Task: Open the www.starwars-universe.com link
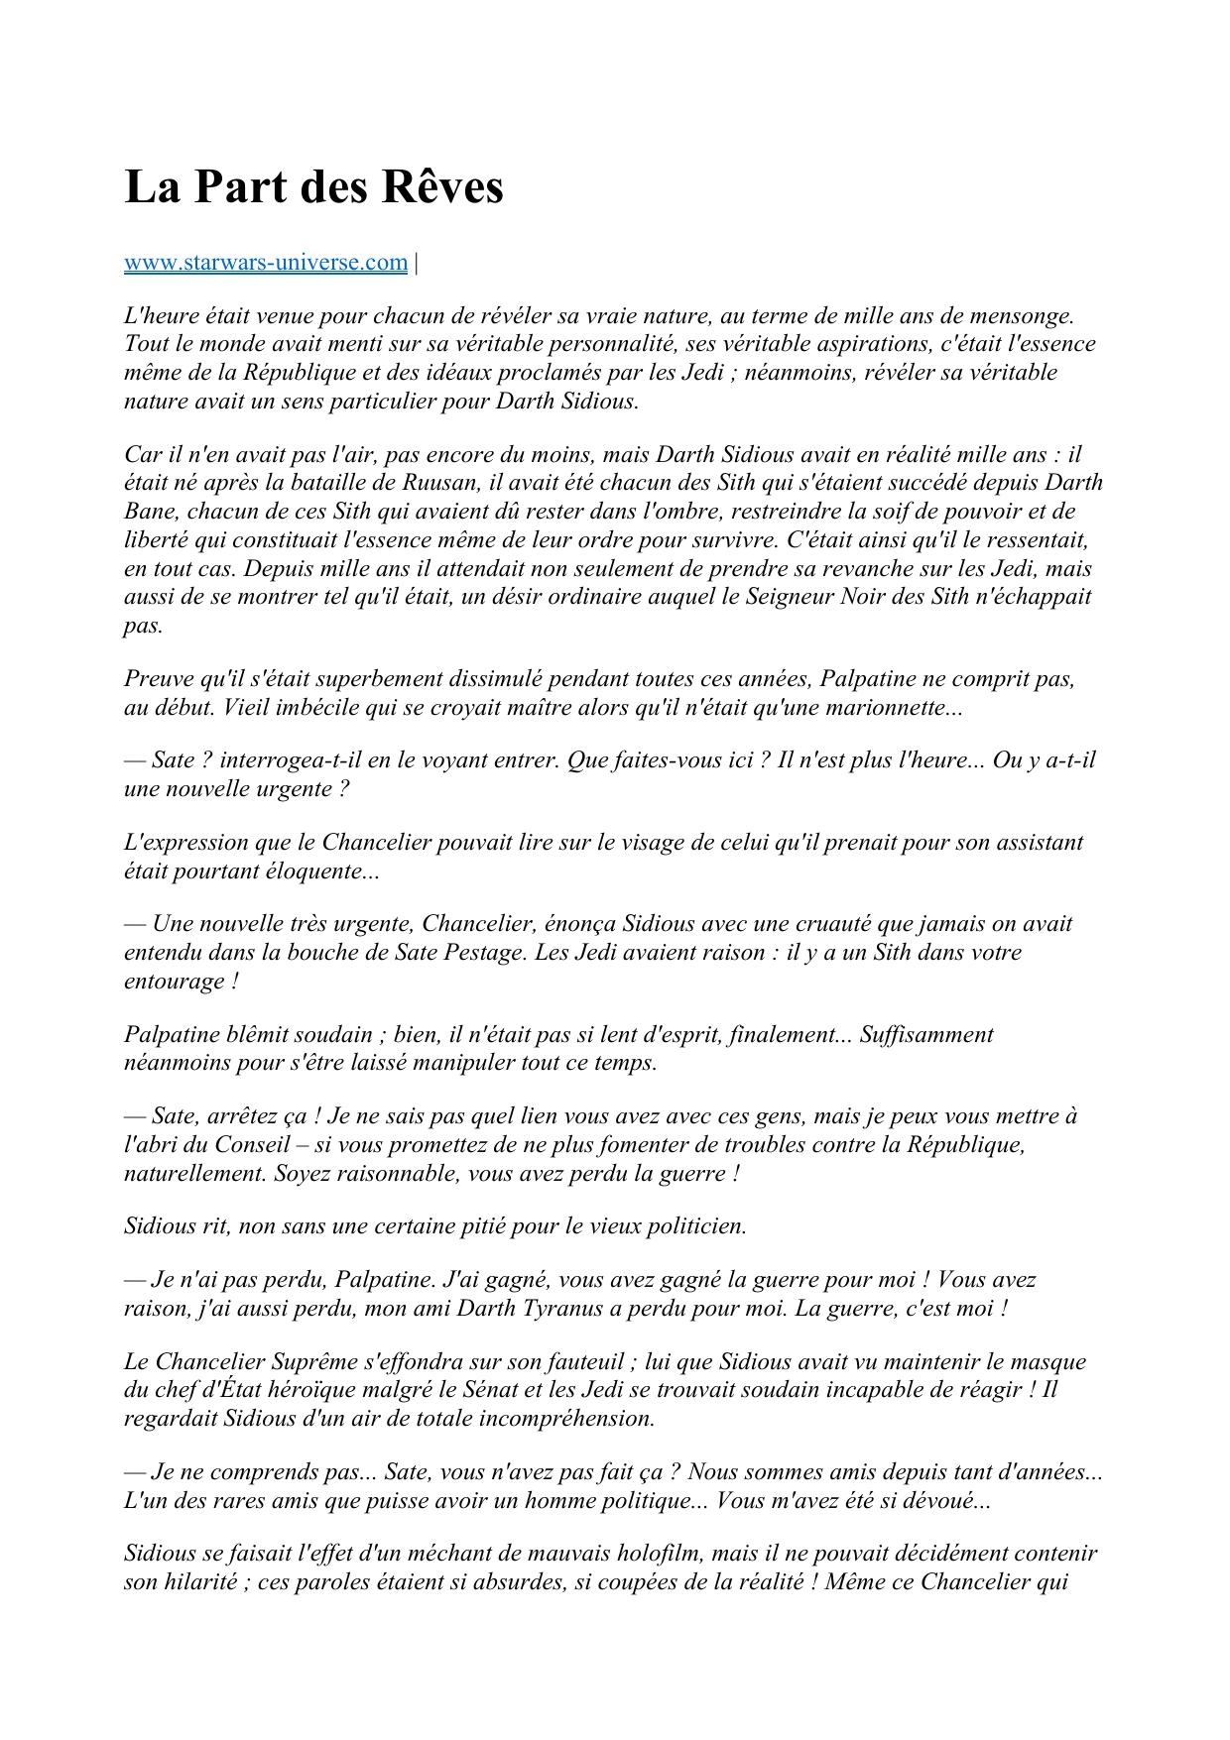click(265, 263)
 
